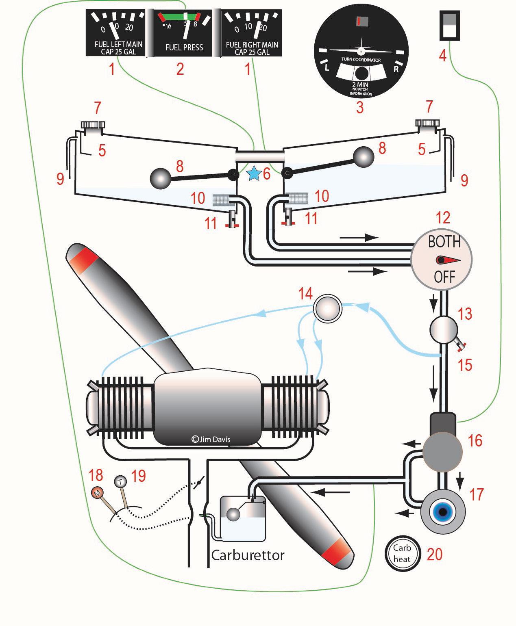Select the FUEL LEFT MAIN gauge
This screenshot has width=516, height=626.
click(x=115, y=32)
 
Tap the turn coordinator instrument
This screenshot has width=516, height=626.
click(x=361, y=51)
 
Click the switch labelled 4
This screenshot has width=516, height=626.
click(x=450, y=26)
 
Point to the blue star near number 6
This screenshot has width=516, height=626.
click(x=254, y=174)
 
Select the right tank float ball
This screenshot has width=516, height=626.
click(x=364, y=157)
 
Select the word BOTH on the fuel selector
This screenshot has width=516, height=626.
click(x=444, y=242)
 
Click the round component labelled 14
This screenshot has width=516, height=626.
click(x=327, y=308)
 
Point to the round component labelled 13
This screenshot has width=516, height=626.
click(x=444, y=330)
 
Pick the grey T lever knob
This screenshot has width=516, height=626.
click(x=120, y=481)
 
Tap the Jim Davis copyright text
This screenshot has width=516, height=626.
click(x=211, y=439)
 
